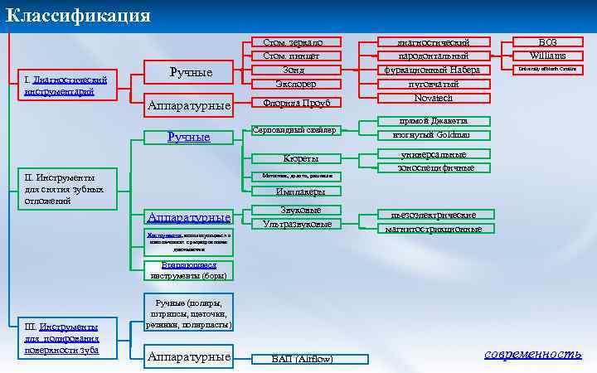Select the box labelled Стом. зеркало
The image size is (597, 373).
click(x=287, y=41)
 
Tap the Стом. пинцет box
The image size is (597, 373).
click(x=287, y=56)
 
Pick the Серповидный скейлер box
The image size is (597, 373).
click(x=294, y=129)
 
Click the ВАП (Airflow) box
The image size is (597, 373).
click(x=302, y=359)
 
